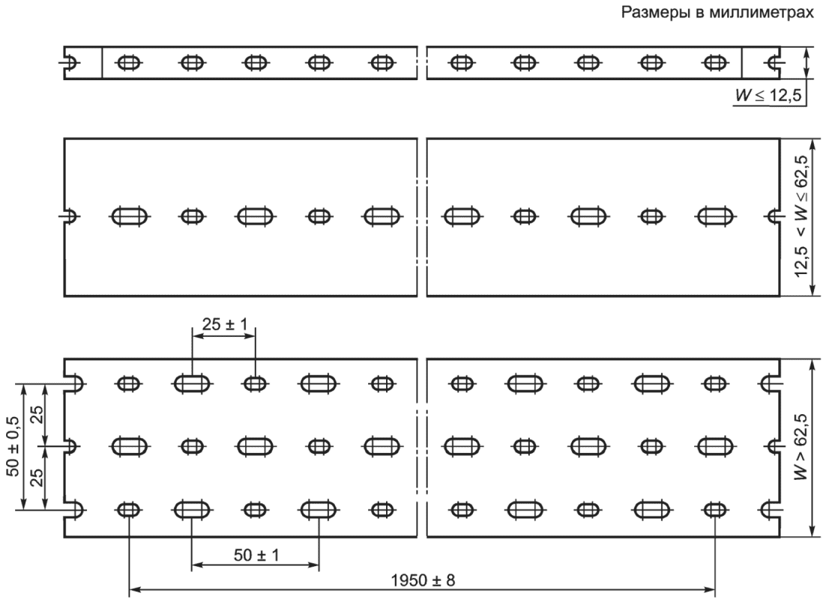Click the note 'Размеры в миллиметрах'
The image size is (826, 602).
[717, 12]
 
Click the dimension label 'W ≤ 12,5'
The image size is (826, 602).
[768, 95]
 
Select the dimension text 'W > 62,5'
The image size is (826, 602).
[801, 446]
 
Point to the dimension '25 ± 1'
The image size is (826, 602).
[224, 324]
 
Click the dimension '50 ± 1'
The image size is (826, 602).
[256, 555]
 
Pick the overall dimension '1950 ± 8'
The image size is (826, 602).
[423, 580]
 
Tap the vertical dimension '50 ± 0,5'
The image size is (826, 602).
[13, 446]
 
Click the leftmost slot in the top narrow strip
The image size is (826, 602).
[129, 63]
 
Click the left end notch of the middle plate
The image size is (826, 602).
[70, 216]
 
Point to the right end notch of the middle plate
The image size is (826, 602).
[774, 216]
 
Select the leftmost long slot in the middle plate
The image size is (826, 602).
[130, 216]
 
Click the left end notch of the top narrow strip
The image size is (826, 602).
[70, 63]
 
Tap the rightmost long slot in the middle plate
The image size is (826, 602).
[715, 216]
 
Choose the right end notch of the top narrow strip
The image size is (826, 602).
[774, 63]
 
